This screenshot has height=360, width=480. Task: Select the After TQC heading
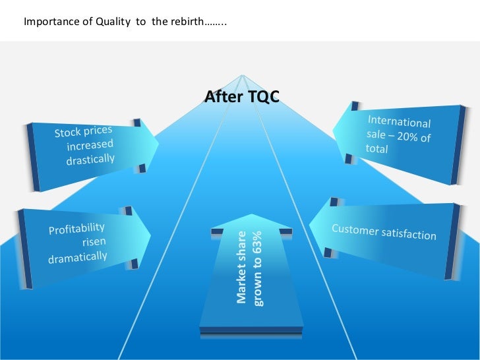coord(242,97)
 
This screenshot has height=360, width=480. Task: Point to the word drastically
coord(90,159)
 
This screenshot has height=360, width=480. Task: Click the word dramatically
coord(77,253)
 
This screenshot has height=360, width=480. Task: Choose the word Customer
coord(357,229)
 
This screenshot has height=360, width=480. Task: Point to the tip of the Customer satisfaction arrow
coord(309,227)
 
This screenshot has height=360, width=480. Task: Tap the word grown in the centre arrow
coord(258,289)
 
